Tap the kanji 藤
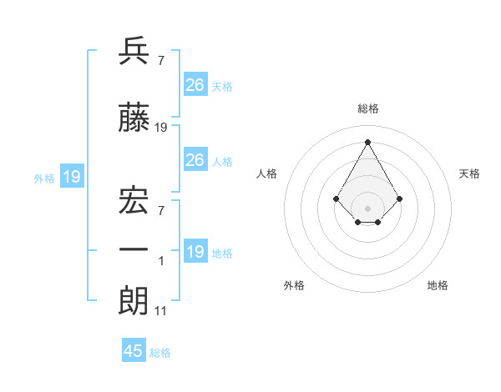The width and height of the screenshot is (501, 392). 134,118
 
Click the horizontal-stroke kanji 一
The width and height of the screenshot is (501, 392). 134,249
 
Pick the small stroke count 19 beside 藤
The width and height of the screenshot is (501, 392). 161,128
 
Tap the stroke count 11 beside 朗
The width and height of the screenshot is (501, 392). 161,311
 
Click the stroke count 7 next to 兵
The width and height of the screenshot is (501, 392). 160,60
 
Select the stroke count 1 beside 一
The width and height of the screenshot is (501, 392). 160,261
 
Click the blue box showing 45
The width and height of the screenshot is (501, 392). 134,351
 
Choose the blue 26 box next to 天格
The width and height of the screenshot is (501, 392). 195,85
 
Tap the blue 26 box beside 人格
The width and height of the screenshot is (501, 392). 195,160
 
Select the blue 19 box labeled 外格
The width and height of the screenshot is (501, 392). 71,177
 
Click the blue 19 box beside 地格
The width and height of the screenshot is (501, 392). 195,252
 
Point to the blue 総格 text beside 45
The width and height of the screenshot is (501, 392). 160,353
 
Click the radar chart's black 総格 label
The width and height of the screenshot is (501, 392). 367,108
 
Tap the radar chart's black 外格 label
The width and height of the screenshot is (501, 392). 294,285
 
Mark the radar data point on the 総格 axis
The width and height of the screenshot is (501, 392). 367,141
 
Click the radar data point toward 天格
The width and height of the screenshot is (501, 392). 400,199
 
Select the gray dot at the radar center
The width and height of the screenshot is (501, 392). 367,209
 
